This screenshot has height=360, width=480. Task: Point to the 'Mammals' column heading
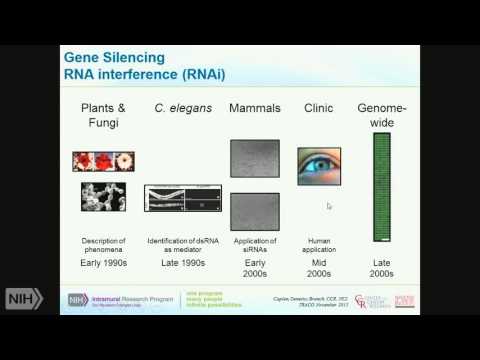tap(254, 106)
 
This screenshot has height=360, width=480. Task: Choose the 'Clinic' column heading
tap(318, 106)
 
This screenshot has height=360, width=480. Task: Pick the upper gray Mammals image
tap(254, 160)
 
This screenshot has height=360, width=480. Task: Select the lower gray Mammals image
tap(254, 211)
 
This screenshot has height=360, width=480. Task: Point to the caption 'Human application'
tap(318, 246)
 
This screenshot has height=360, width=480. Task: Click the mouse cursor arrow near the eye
tap(329, 206)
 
